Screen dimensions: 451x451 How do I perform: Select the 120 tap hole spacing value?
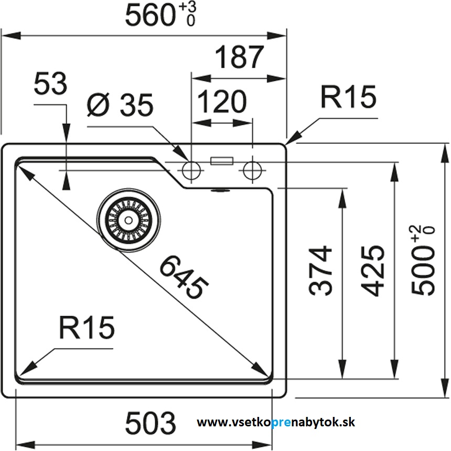(222, 102)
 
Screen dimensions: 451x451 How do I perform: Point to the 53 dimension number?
(51, 84)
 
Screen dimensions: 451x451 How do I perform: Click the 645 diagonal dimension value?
(184, 275)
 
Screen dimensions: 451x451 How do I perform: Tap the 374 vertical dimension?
(321, 270)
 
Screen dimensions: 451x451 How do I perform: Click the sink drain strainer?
(127, 219)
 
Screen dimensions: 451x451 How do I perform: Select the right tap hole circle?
(252, 169)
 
